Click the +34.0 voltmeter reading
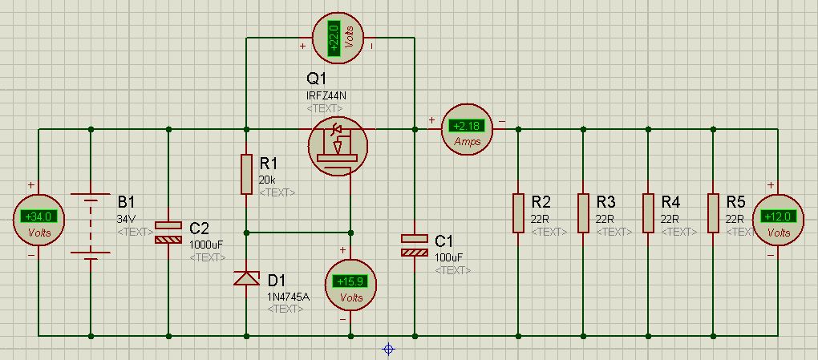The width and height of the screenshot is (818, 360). click(38, 216)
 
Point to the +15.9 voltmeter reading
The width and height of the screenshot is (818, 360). click(350, 282)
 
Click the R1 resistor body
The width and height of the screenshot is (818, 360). click(246, 174)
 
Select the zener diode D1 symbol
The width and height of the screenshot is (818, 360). click(246, 278)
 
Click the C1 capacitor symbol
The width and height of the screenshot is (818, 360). click(415, 245)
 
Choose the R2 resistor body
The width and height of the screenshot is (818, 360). click(518, 212)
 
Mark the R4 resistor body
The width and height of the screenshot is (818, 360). click(647, 212)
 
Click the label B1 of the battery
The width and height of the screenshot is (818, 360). click(128, 200)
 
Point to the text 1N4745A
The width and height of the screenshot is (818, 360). click(287, 297)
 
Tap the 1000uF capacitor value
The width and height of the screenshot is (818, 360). click(207, 244)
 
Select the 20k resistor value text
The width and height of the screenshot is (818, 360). click(267, 180)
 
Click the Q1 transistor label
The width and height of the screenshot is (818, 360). click(317, 79)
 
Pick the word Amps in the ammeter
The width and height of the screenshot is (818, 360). click(467, 141)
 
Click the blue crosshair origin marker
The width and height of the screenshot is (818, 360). click(389, 349)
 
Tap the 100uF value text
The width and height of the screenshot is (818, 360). click(449, 257)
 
